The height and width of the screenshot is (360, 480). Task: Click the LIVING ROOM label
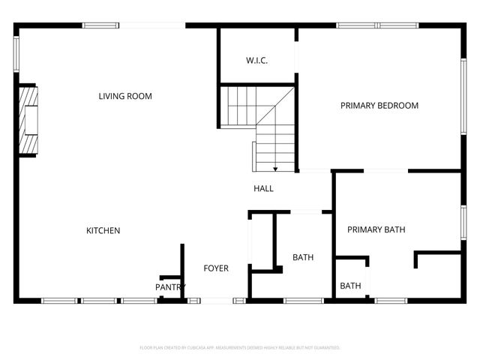125,96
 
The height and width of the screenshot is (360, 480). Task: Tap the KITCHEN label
103,230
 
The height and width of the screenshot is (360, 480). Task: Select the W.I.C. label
257,61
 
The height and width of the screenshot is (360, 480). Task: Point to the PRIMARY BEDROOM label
379,106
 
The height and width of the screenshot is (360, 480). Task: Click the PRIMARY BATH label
376,229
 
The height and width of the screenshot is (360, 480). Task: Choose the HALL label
263,188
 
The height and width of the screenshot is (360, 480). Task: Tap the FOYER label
216,268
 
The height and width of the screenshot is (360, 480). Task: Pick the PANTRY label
170,287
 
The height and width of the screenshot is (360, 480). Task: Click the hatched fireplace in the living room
29,119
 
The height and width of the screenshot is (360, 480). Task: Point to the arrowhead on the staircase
276,168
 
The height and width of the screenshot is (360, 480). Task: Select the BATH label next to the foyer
303,257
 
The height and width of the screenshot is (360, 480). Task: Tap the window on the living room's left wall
16,54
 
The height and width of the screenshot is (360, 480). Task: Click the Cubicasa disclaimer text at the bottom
240,348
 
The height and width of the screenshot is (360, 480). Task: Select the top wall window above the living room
100,25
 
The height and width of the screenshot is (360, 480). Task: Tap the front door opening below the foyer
217,301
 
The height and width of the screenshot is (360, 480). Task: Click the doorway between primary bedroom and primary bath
386,171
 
